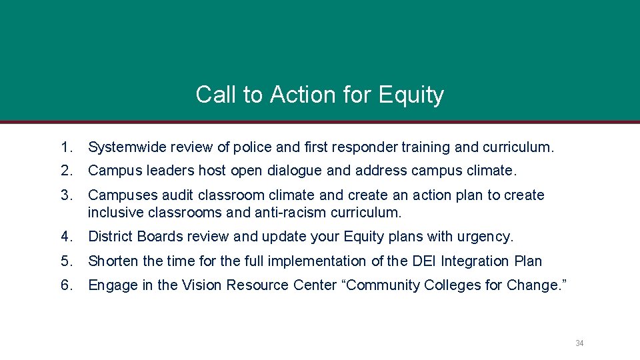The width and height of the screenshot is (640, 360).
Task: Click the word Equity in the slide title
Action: coord(411,95)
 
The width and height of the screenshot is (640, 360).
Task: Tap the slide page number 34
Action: coord(579,343)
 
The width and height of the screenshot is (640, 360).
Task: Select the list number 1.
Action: coord(65,147)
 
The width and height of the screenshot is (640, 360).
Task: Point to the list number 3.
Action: coord(65,195)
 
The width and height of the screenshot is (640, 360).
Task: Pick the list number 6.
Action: coord(66,285)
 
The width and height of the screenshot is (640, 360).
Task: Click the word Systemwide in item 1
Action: coord(127,147)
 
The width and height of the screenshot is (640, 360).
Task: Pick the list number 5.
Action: coord(65,261)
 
